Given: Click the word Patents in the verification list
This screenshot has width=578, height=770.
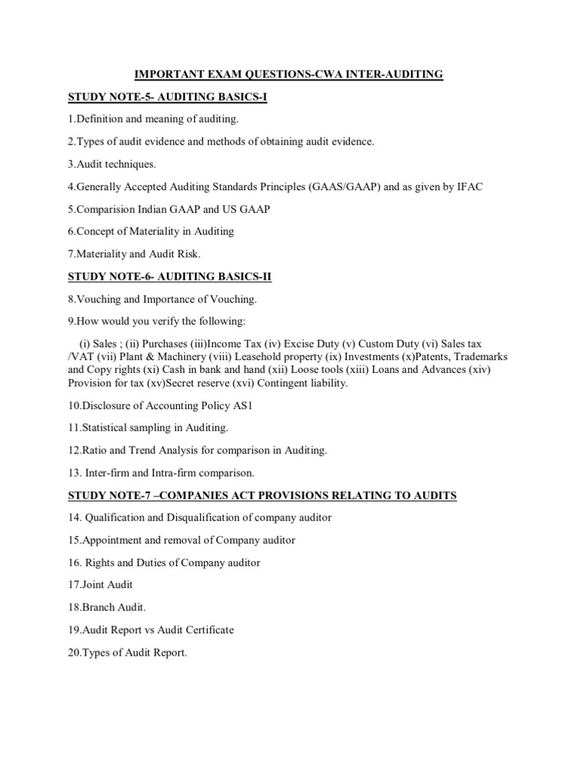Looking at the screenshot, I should [437, 356].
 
